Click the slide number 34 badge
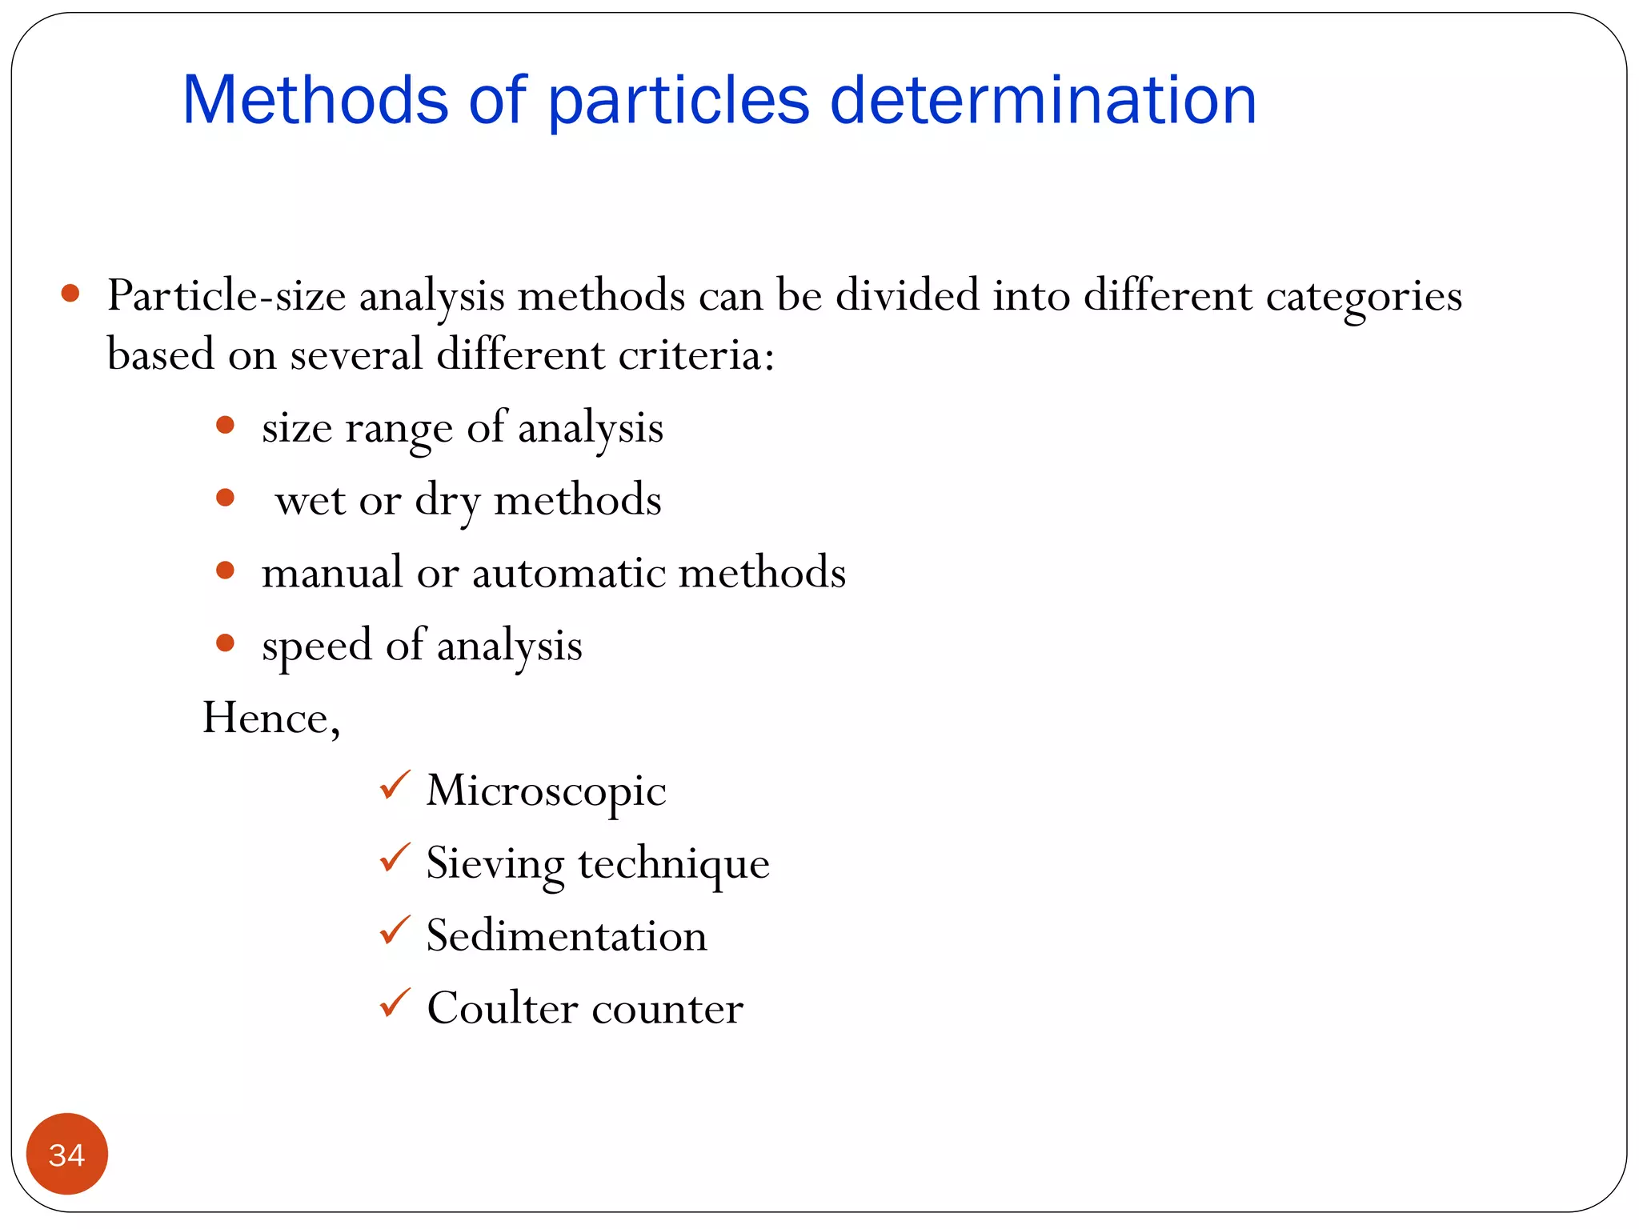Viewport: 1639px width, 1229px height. click(x=66, y=1154)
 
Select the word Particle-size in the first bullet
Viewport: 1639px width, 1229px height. click(x=226, y=295)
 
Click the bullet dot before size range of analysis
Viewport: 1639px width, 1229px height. click(x=225, y=425)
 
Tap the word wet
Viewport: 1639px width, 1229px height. click(x=310, y=501)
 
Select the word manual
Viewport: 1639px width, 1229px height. click(x=332, y=573)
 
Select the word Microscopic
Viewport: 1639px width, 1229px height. click(x=546, y=791)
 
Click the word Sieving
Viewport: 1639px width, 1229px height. click(x=495, y=864)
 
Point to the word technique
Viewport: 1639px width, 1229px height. click(x=674, y=864)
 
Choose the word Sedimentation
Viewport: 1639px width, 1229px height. click(x=567, y=935)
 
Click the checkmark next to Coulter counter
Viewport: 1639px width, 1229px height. click(x=395, y=1003)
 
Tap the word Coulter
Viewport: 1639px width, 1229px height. click(x=503, y=1007)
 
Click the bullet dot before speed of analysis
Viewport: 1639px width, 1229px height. click(x=225, y=643)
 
